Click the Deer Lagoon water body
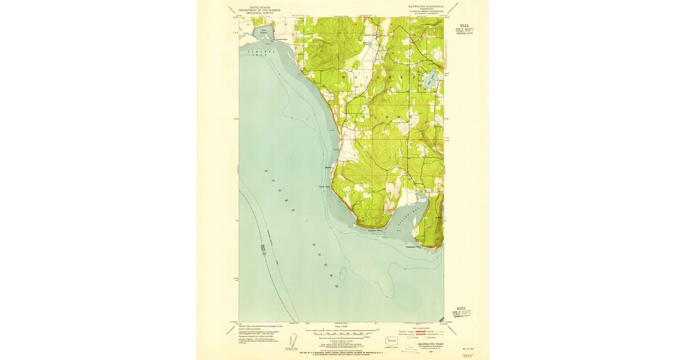[x=264, y=33]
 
